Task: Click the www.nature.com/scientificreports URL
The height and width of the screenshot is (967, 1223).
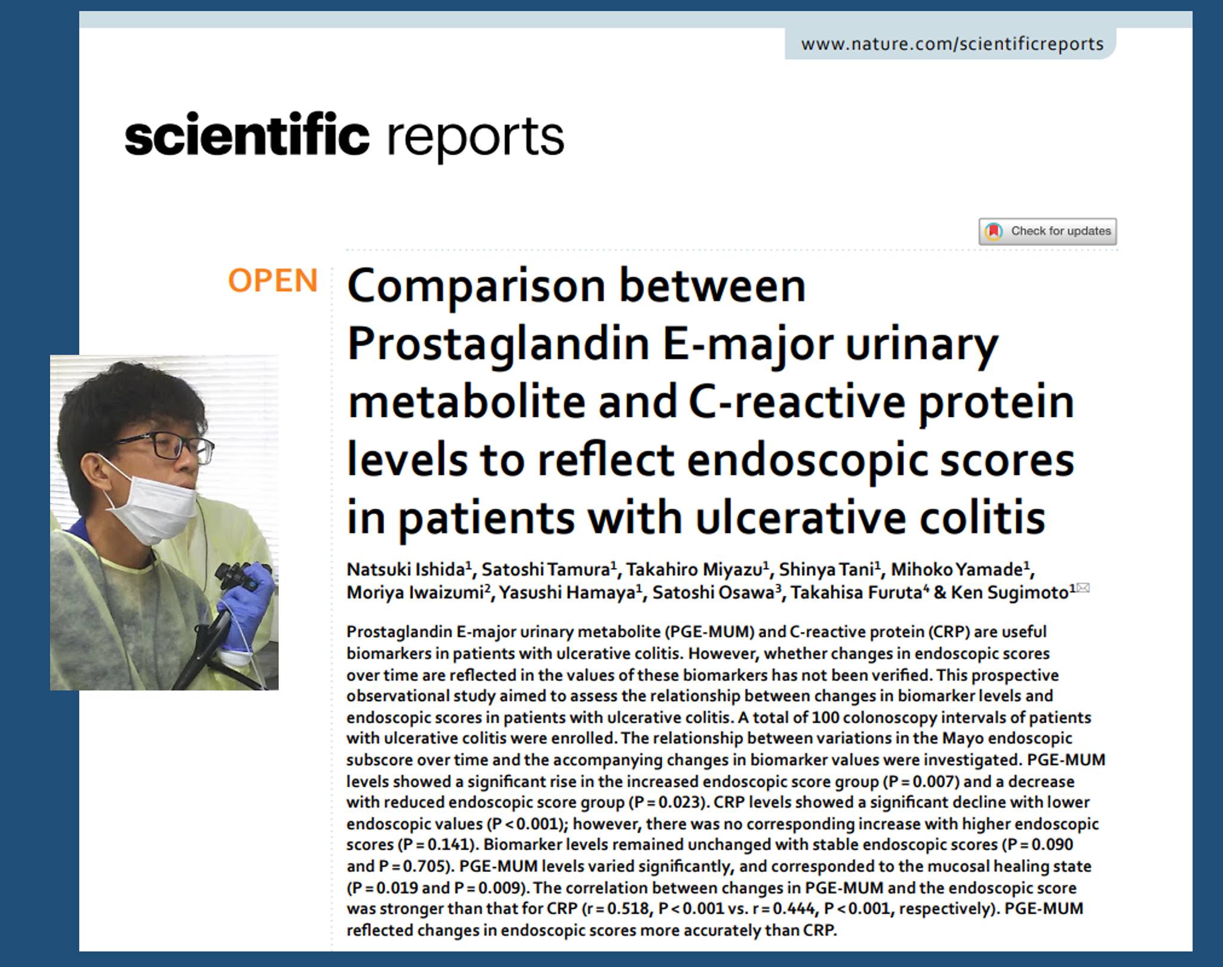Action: pyautogui.click(x=952, y=44)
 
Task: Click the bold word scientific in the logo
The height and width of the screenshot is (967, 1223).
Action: pyautogui.click(x=247, y=133)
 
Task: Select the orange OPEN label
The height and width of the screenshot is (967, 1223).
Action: pyautogui.click(x=273, y=280)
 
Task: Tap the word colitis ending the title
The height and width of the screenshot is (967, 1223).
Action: pyautogui.click(x=982, y=517)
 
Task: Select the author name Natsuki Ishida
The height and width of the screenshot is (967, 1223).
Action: pyautogui.click(x=406, y=569)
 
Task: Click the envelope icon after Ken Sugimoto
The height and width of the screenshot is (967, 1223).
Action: pyautogui.click(x=1083, y=588)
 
